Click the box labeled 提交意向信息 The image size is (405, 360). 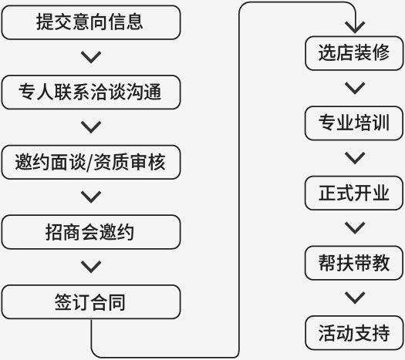click(x=91, y=22)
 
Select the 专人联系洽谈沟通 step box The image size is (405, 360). click(x=91, y=93)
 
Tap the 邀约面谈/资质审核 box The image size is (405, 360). click(x=91, y=162)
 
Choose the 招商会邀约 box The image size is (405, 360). click(x=91, y=232)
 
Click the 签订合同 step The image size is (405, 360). click(x=91, y=302)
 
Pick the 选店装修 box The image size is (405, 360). click(x=354, y=53)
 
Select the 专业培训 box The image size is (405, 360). click(x=354, y=123)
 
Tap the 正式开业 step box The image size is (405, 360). click(x=354, y=193)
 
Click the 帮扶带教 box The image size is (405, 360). click(x=354, y=263)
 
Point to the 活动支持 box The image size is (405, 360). click(x=354, y=333)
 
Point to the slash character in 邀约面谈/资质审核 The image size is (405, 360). click(x=89, y=163)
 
